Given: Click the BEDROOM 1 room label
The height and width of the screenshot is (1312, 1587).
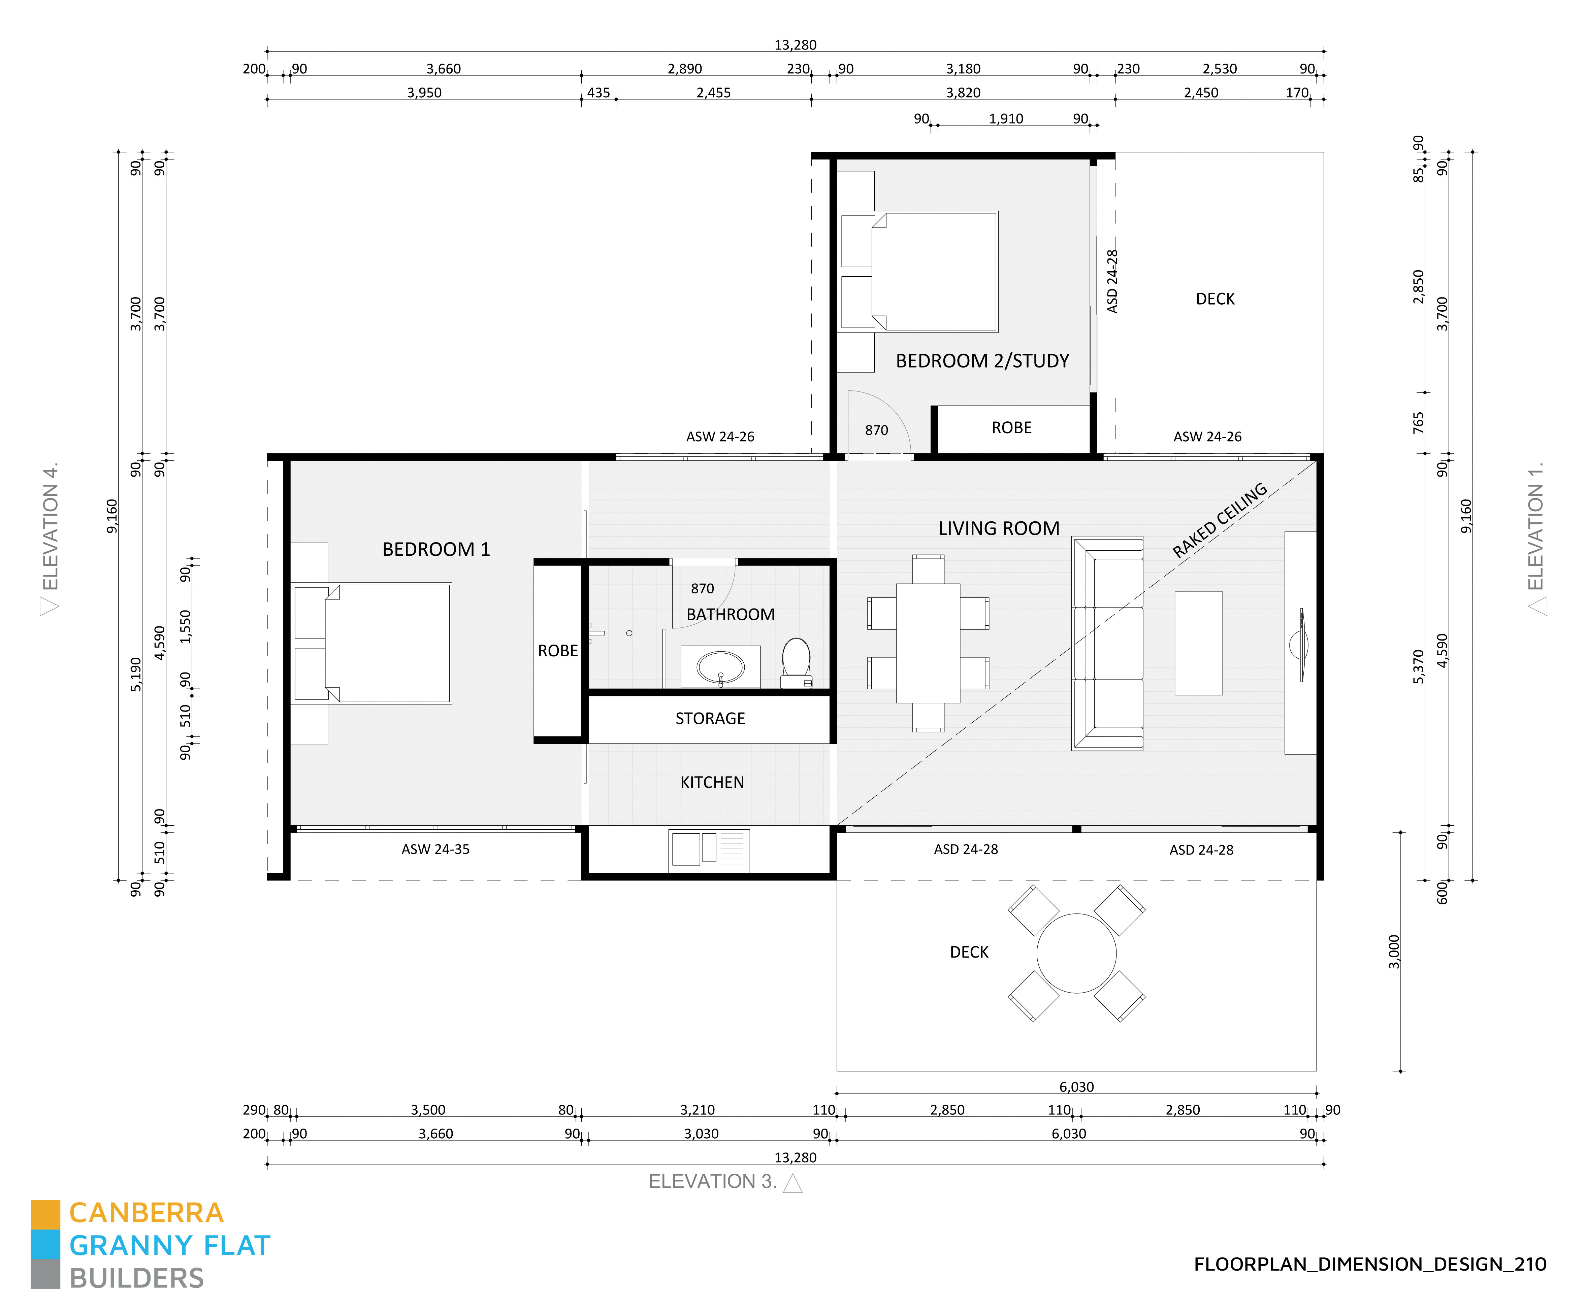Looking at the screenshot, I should click(x=436, y=549).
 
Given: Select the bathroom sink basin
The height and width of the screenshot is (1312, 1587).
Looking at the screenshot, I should click(x=720, y=667).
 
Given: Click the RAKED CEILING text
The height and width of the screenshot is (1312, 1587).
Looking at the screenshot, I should click(x=1219, y=520).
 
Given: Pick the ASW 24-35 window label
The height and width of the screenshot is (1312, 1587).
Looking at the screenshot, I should click(x=435, y=849).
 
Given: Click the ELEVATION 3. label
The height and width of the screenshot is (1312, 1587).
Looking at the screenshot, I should click(x=712, y=1181).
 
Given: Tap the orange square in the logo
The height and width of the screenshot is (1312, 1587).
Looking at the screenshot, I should click(x=45, y=1214).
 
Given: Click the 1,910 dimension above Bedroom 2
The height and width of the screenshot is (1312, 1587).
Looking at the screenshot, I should click(x=1006, y=118).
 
